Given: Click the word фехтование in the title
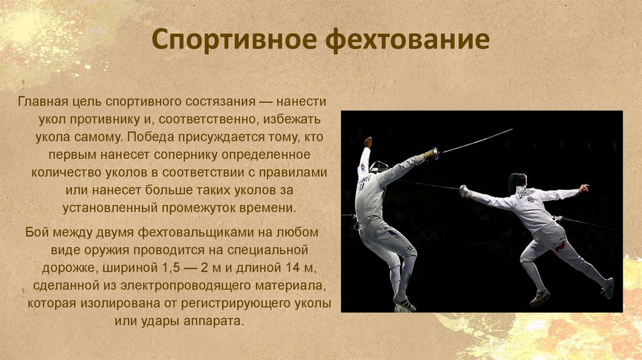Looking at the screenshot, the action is (x=408, y=39).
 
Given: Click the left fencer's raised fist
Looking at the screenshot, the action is (x=367, y=142).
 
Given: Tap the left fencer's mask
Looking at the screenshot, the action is (x=378, y=167).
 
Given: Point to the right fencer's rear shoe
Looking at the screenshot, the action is (x=608, y=288).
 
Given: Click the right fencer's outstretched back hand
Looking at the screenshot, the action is (x=584, y=189).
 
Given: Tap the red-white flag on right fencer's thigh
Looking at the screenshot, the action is (x=559, y=246).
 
